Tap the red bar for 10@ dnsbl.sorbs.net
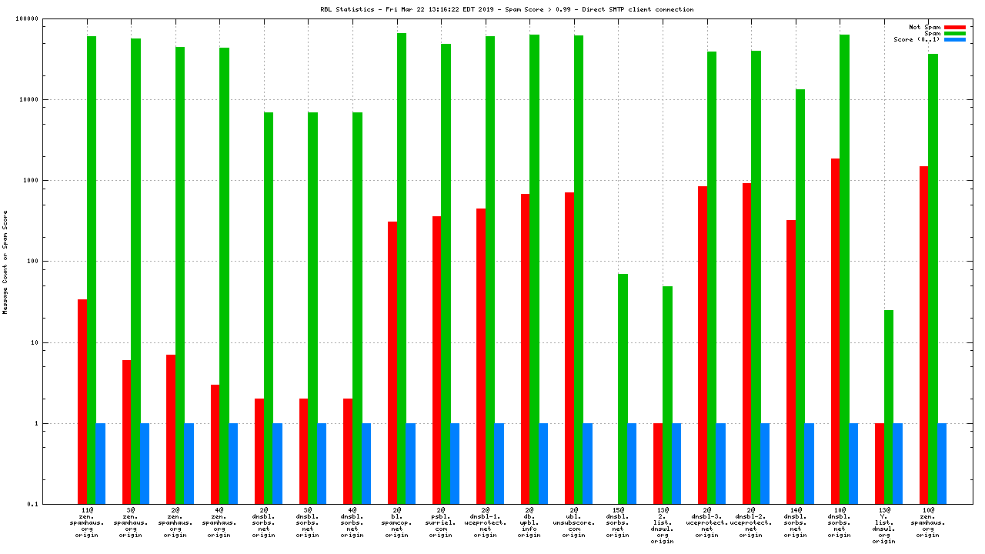pyautogui.click(x=835, y=331)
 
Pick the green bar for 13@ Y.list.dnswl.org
pyautogui.click(x=889, y=407)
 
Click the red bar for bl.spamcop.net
pyautogui.click(x=392, y=362)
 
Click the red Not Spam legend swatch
pyautogui.click(x=954, y=27)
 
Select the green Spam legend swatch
pyautogui.click(x=954, y=33)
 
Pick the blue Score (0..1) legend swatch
pyautogui.click(x=954, y=39)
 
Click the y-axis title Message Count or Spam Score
pyautogui.click(x=5, y=262)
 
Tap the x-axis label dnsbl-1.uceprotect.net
pyautogui.click(x=486, y=522)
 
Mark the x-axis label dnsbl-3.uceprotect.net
pyautogui.click(x=707, y=522)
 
